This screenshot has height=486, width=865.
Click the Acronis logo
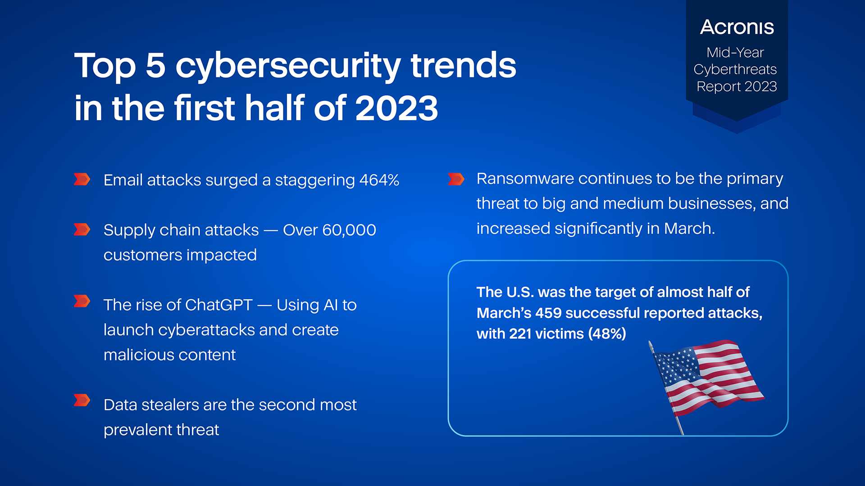[x=737, y=27]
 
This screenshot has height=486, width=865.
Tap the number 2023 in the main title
[x=396, y=108]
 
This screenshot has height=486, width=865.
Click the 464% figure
[x=379, y=180]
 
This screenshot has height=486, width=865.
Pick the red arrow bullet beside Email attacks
[x=82, y=179]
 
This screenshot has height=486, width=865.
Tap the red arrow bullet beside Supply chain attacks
[x=82, y=229]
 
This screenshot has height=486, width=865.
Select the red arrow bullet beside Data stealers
[x=82, y=400]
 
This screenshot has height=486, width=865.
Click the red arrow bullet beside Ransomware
[x=456, y=179]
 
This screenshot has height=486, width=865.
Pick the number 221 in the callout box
[x=520, y=334]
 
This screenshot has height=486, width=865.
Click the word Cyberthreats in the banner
[x=735, y=70]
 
